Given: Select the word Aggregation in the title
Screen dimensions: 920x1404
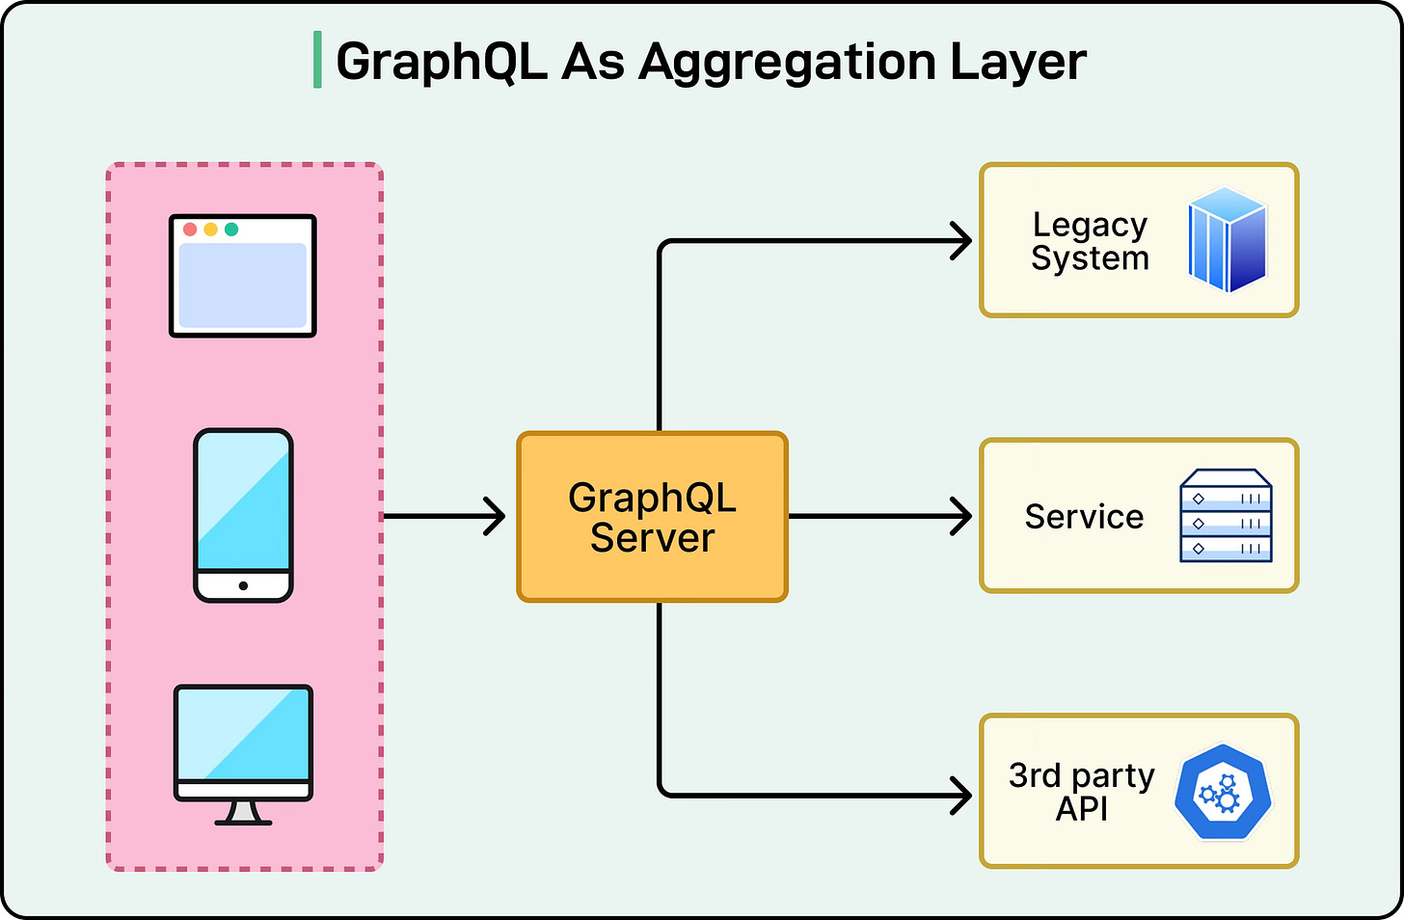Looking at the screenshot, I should click(x=788, y=62).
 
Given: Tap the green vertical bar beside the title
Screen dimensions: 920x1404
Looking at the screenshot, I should click(x=317, y=60).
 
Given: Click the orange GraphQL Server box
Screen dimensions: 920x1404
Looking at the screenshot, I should click(x=653, y=517).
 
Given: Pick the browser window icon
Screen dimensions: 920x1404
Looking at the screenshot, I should click(x=243, y=276).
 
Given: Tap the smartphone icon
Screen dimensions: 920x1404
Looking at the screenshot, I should click(x=243, y=516).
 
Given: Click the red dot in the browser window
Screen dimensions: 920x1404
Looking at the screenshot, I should click(x=190, y=230).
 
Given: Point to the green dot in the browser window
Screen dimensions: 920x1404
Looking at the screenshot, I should click(x=231, y=230).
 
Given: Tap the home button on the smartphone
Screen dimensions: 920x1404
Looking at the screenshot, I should click(x=243, y=585).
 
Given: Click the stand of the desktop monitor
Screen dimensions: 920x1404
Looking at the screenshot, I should click(x=243, y=813).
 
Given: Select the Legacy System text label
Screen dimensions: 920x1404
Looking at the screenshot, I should click(x=1090, y=241).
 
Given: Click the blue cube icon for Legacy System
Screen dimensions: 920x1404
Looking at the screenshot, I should click(x=1227, y=240).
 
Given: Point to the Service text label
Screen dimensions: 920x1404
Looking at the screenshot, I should click(x=1084, y=517).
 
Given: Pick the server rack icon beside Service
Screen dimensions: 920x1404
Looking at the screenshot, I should click(x=1226, y=516).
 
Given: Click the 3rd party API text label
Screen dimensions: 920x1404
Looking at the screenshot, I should click(x=1081, y=792).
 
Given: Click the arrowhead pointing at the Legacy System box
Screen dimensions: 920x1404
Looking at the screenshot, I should click(x=962, y=241).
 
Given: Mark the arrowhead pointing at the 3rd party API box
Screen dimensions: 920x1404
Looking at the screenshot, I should click(x=962, y=796).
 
